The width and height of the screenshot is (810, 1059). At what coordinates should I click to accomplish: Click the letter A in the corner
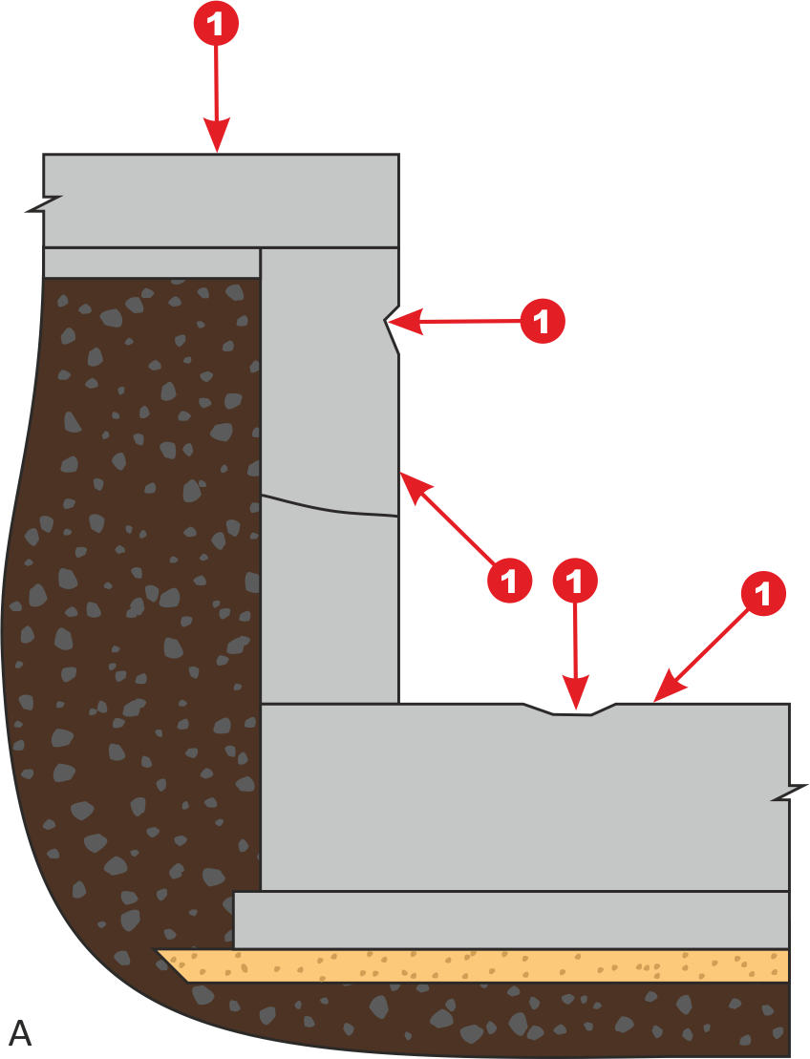[20, 1033]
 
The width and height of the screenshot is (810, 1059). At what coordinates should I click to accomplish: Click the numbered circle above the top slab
[216, 24]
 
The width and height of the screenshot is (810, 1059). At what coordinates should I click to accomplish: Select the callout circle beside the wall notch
[542, 321]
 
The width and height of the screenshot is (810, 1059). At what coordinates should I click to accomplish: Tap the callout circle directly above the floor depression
[575, 581]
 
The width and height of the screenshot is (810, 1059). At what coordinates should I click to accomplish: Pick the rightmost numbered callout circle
[763, 594]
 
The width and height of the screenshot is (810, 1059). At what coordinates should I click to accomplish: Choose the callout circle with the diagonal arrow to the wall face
[509, 580]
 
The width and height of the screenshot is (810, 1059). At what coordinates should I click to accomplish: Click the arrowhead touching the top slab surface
[217, 135]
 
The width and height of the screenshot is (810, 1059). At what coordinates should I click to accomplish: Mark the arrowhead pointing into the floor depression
[576, 695]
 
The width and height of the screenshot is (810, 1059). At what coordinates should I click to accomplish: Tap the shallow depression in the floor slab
[571, 710]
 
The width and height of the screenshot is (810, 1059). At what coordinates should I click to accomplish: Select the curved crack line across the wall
[330, 508]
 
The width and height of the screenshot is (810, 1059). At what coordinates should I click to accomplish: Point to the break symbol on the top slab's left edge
[43, 204]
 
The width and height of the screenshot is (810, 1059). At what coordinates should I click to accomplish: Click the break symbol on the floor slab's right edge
[790, 793]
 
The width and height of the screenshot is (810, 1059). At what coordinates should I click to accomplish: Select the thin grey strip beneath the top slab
[152, 263]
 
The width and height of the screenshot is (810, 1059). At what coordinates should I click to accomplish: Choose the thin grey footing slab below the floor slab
[511, 920]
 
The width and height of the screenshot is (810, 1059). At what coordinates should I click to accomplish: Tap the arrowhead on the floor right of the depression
[669, 687]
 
